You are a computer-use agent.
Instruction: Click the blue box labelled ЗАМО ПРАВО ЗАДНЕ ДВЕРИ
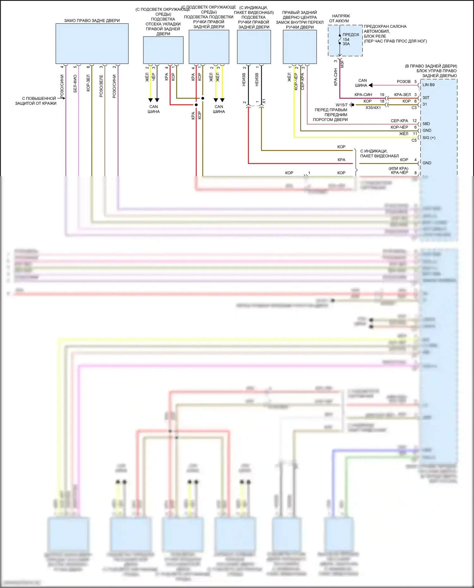(x=92, y=44)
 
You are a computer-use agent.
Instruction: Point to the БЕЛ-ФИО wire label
(x=75, y=83)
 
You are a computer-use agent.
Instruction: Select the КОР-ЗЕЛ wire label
(x=88, y=83)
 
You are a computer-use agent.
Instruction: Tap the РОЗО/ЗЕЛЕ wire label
(x=101, y=86)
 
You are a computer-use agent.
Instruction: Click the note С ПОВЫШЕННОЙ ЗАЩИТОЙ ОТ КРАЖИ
(x=36, y=101)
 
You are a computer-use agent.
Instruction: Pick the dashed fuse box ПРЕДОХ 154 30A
(x=345, y=40)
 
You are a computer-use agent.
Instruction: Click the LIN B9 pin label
(x=428, y=85)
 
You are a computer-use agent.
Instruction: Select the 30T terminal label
(x=426, y=98)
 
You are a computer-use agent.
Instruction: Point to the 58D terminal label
(x=426, y=124)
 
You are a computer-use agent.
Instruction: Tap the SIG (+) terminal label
(x=429, y=137)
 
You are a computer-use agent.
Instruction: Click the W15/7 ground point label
(x=341, y=105)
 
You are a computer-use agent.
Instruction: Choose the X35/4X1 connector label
(x=373, y=108)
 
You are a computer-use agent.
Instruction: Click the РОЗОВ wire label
(x=404, y=82)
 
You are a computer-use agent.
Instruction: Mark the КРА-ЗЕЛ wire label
(x=402, y=94)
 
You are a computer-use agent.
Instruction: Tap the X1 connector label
(x=264, y=101)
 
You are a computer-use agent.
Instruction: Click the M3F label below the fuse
(x=342, y=64)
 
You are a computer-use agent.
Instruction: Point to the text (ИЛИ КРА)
(x=398, y=168)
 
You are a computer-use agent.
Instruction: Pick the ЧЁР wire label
(x=154, y=76)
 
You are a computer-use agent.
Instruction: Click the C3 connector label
(x=414, y=108)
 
